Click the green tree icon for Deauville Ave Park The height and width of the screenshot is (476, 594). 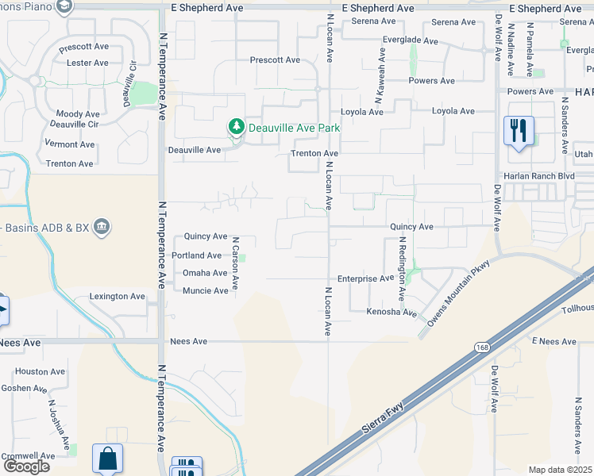(x=236, y=126)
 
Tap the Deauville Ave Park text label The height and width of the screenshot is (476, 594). (x=295, y=127)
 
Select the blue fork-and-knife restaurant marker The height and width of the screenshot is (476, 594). (x=519, y=131)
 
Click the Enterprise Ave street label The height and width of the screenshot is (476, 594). (x=365, y=279)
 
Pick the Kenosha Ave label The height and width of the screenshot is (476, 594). (x=391, y=313)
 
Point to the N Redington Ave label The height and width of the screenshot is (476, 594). (x=403, y=268)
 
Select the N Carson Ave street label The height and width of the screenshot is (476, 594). (x=236, y=262)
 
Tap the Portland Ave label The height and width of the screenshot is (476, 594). (x=197, y=255)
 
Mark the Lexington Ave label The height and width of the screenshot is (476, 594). (x=118, y=297)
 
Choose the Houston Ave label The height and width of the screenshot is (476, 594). (x=40, y=371)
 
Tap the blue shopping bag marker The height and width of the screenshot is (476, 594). (x=107, y=458)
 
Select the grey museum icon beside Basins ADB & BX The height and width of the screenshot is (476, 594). (x=102, y=228)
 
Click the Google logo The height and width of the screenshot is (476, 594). (x=26, y=466)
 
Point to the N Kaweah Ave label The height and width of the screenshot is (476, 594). (x=381, y=74)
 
